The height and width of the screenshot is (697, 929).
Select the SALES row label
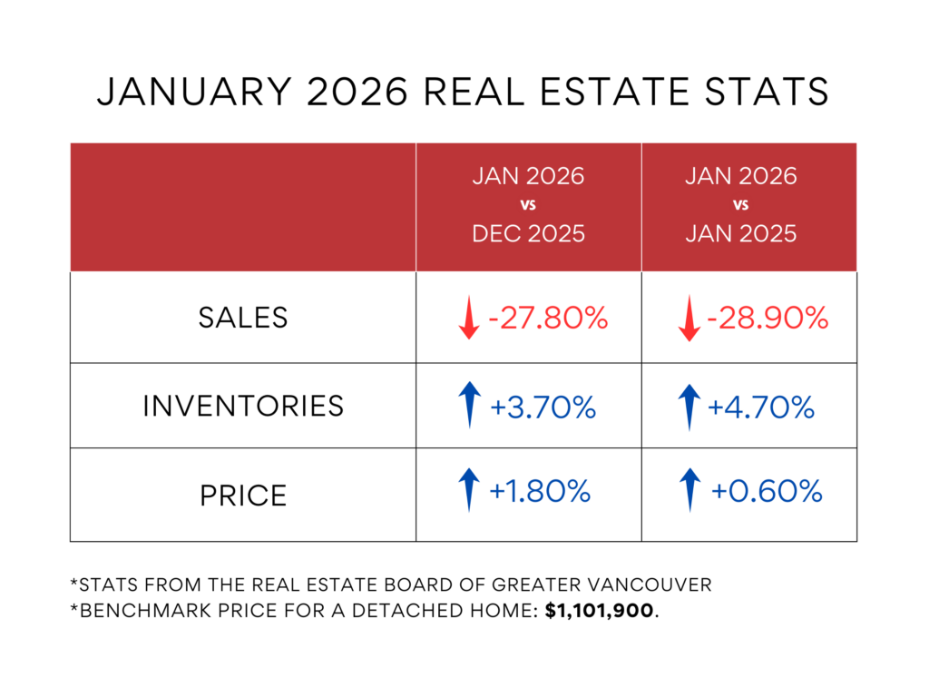pyautogui.click(x=243, y=318)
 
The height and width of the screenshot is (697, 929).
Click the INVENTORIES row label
pyautogui.click(x=243, y=406)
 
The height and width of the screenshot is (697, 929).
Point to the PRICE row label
pyautogui.click(x=243, y=496)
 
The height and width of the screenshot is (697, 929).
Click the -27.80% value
pyautogui.click(x=547, y=319)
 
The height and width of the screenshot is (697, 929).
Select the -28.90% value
pyautogui.click(x=768, y=319)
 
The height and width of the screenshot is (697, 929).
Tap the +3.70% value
pyautogui.click(x=543, y=407)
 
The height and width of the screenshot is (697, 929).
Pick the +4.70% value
pyautogui.click(x=761, y=407)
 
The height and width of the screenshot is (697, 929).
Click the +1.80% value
pyautogui.click(x=541, y=492)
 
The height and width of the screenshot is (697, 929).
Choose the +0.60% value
pyautogui.click(x=767, y=492)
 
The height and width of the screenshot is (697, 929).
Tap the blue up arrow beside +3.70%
pyautogui.click(x=469, y=405)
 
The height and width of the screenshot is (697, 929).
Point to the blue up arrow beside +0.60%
pyautogui.click(x=691, y=489)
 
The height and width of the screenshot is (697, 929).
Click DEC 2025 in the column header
pyautogui.click(x=528, y=233)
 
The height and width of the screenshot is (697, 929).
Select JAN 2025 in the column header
pyautogui.click(x=740, y=233)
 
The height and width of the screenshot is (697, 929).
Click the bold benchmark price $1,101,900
pyautogui.click(x=600, y=612)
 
